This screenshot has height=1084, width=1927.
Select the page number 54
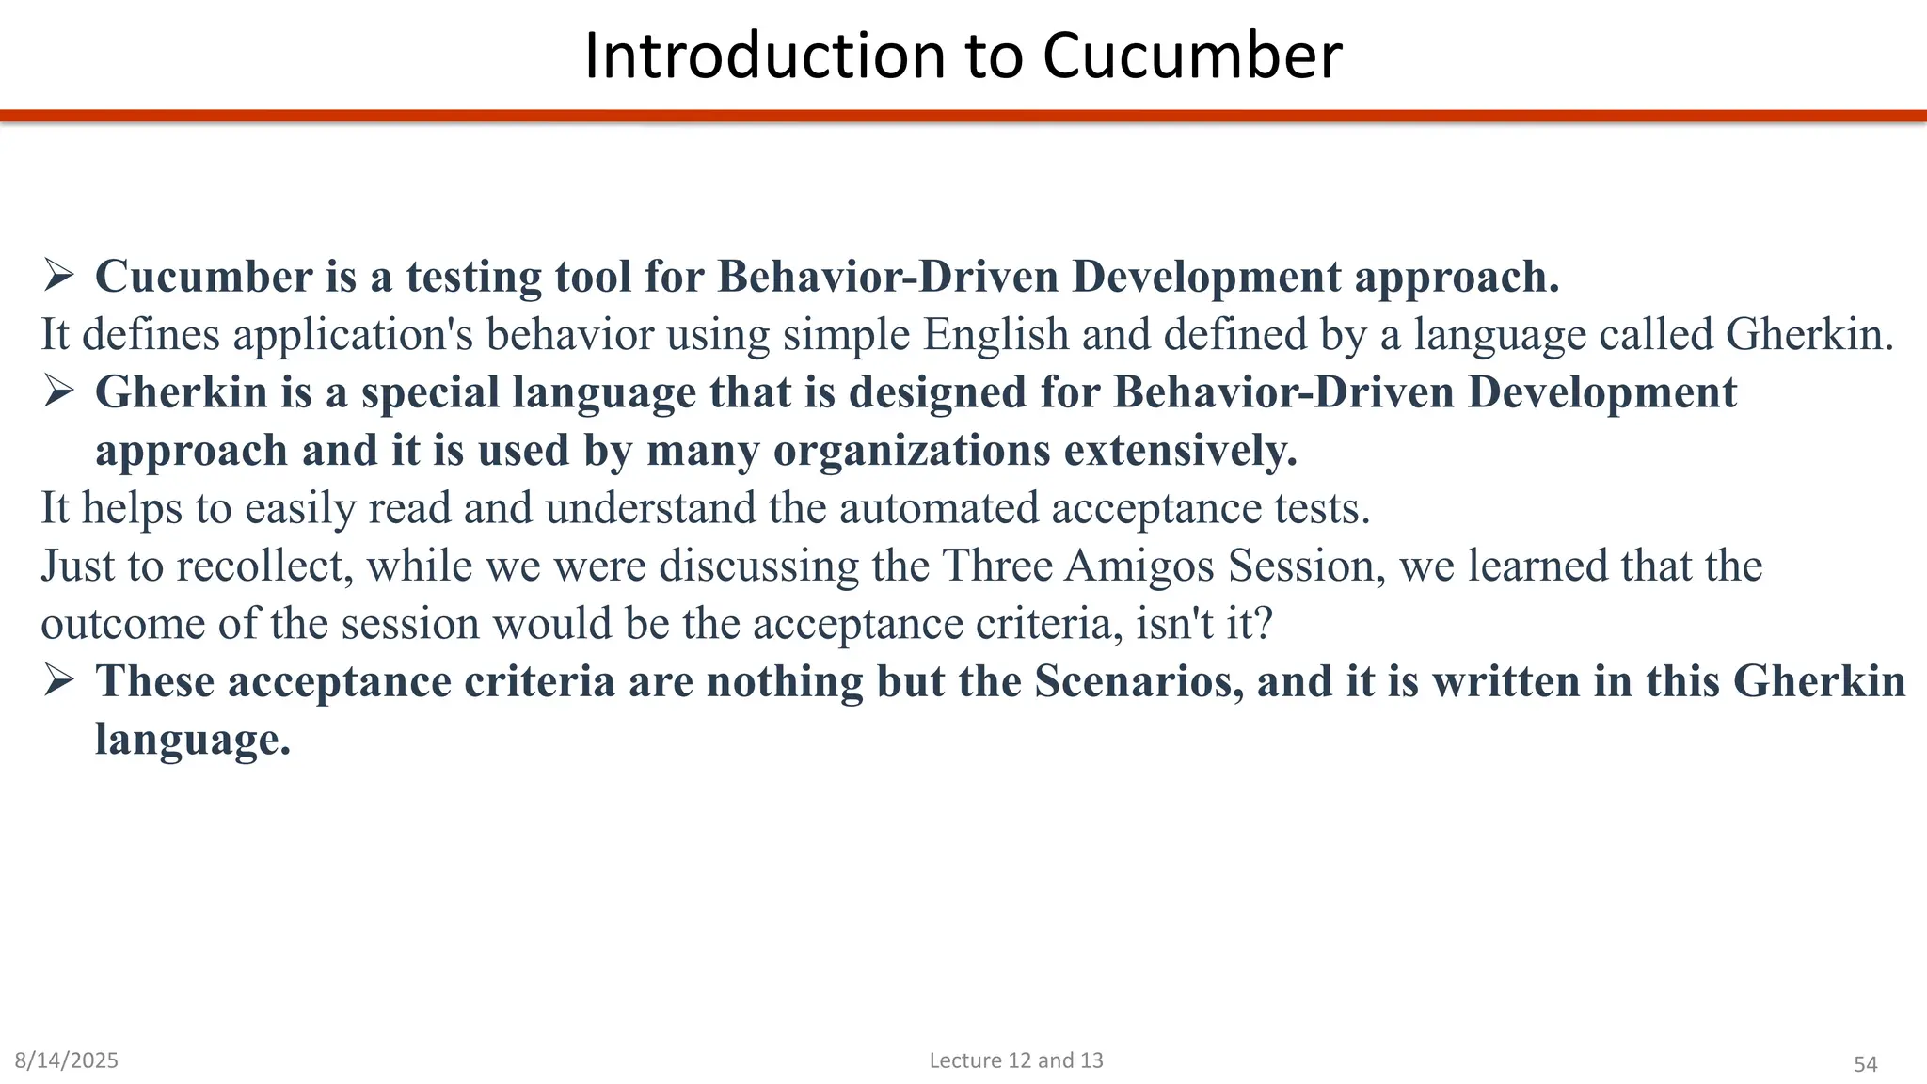pos(1865,1064)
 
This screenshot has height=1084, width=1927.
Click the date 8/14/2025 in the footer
pos(67,1060)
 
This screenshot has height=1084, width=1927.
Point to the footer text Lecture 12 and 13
pos(1016,1060)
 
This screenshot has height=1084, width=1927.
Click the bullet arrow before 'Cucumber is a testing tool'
pos(58,276)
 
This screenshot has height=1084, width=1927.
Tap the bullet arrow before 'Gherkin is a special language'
pos(58,391)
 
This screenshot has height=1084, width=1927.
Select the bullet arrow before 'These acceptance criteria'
pos(58,680)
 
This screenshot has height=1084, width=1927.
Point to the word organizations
pos(912,451)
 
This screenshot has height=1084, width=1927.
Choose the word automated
pos(938,508)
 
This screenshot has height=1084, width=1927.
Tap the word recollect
pos(264,566)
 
